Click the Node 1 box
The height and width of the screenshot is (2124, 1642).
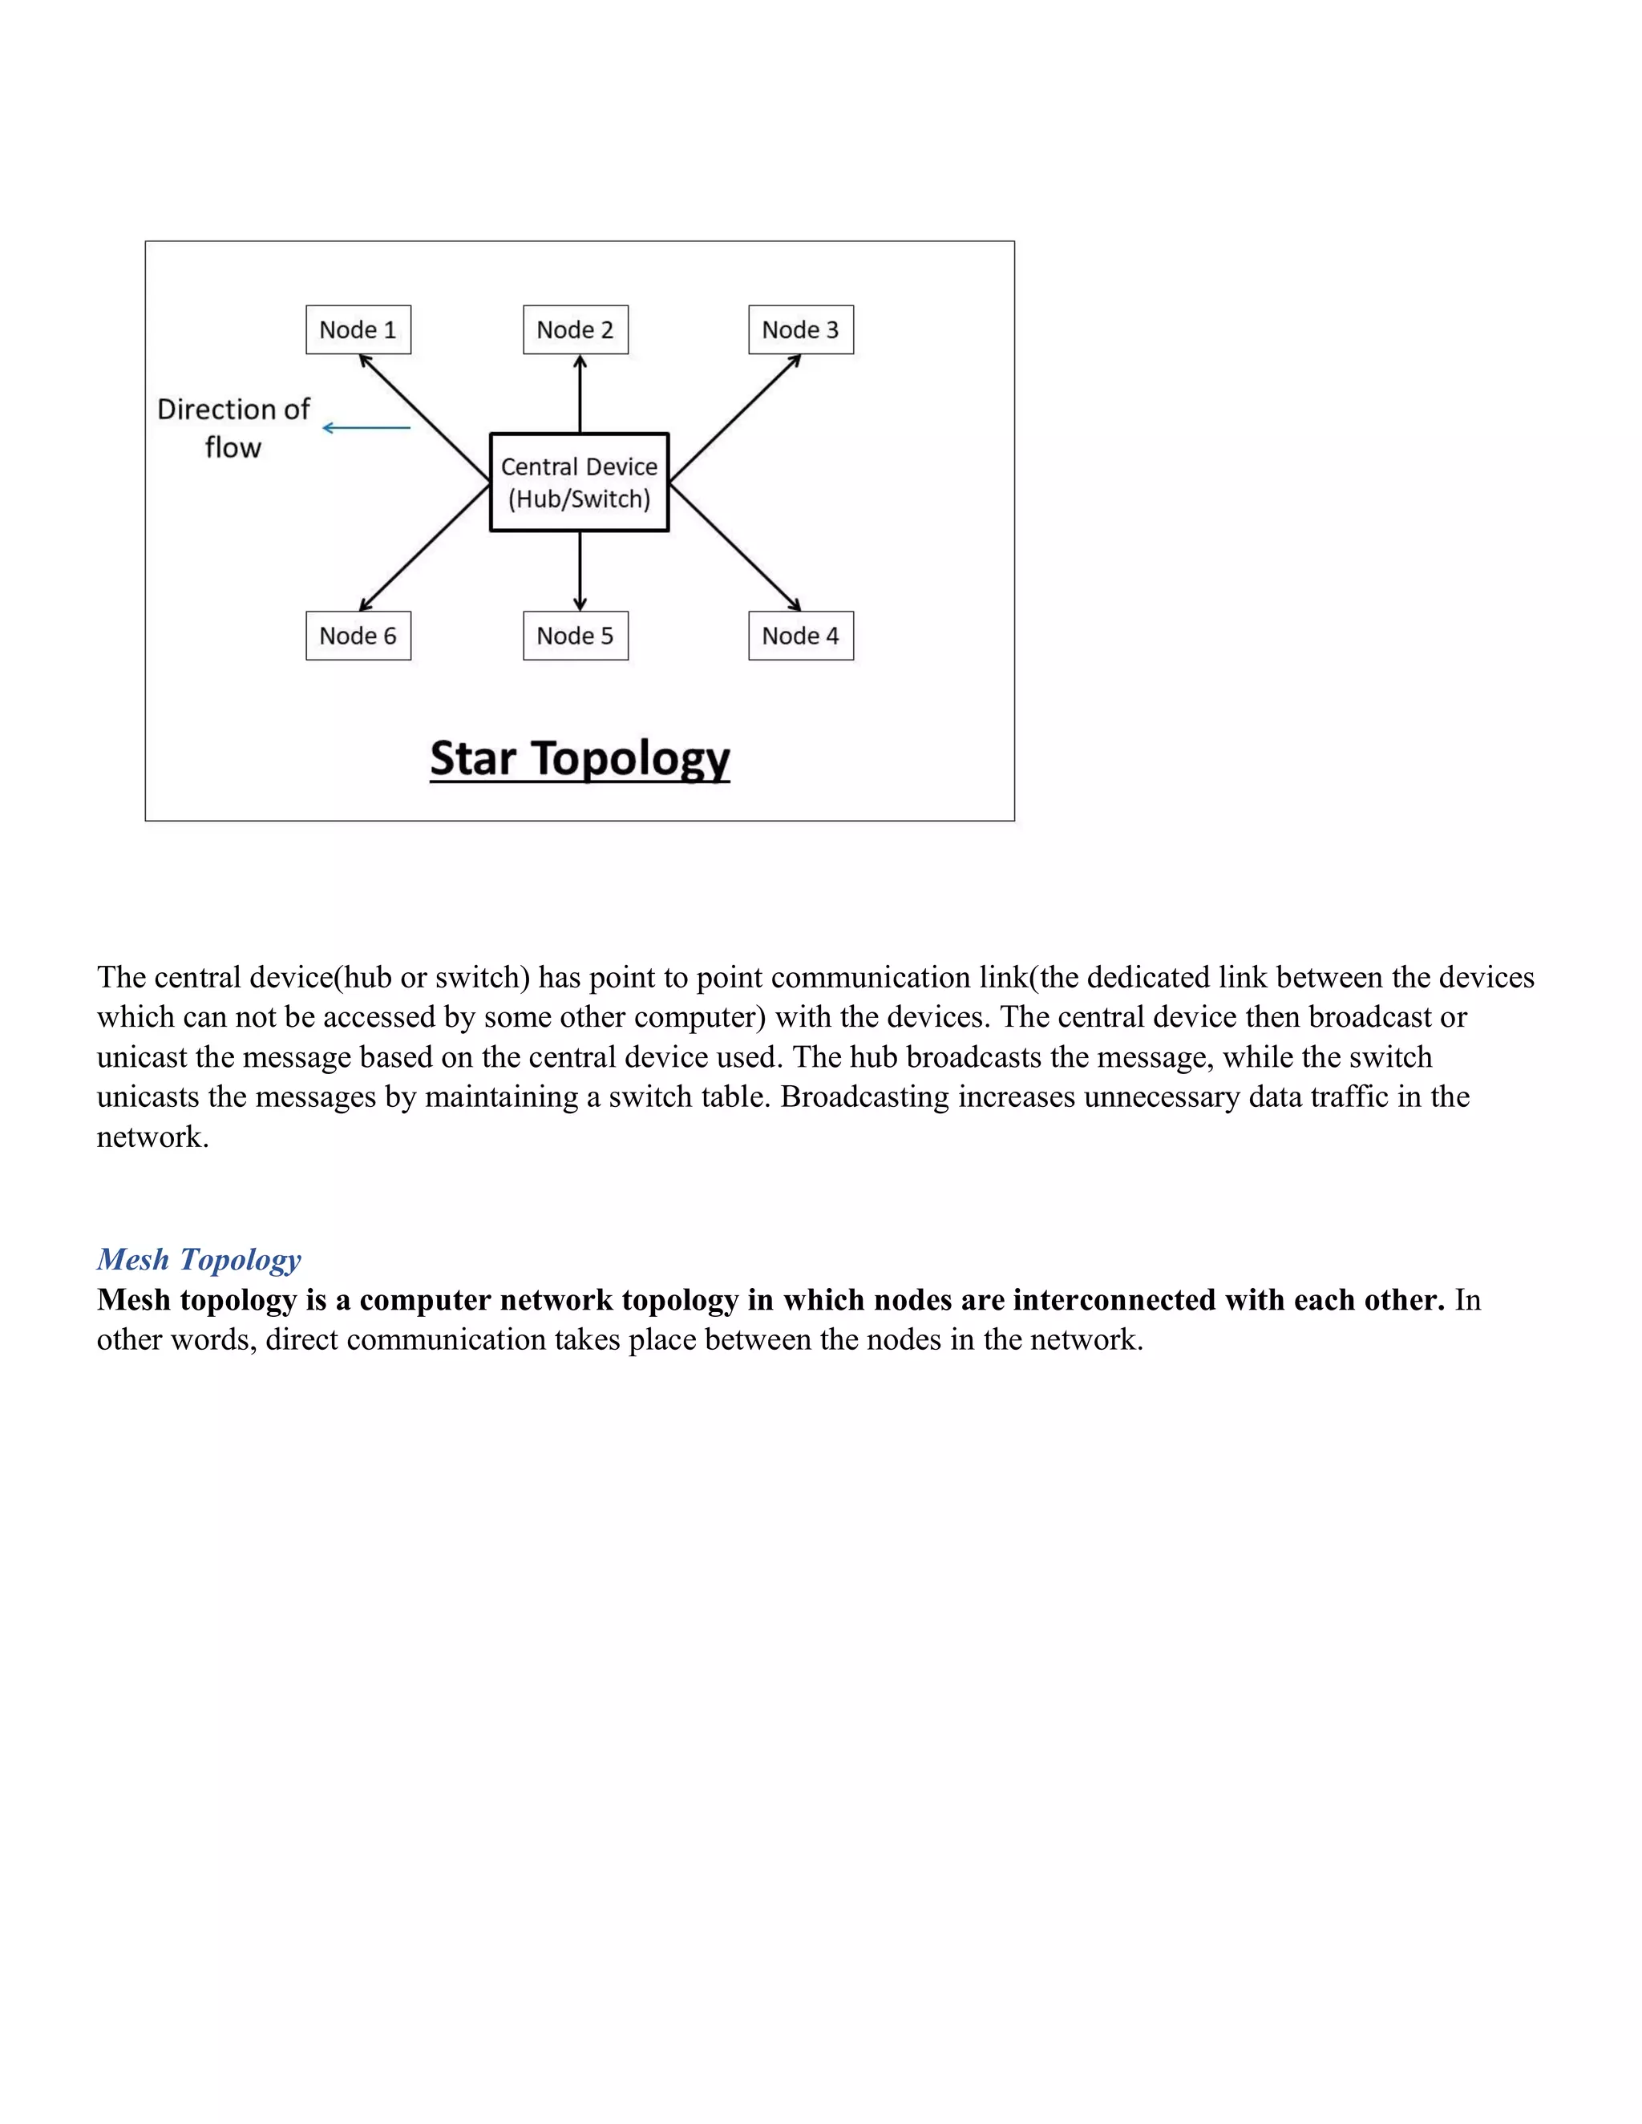(358, 329)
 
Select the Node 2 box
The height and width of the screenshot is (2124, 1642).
(575, 329)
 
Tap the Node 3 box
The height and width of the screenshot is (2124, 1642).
(801, 329)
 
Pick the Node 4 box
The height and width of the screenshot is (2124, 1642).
(801, 636)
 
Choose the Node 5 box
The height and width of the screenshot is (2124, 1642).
(575, 636)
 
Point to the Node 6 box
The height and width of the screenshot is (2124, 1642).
(358, 636)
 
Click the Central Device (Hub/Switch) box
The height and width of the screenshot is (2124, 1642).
(579, 483)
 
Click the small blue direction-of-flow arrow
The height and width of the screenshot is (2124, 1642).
(366, 428)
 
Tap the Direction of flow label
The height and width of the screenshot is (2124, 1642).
(233, 428)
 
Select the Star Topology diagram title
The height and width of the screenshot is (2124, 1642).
(580, 758)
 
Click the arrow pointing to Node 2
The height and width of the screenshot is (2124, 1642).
(580, 394)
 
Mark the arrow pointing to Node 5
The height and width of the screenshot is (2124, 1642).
(580, 571)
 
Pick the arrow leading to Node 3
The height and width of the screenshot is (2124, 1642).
(735, 418)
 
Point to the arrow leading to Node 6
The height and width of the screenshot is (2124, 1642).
(424, 547)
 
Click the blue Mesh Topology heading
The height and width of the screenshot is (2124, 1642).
(199, 1259)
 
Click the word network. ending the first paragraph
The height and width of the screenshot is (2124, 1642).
(152, 1137)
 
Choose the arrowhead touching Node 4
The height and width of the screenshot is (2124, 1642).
(794, 605)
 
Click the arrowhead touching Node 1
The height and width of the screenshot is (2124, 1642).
(366, 361)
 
